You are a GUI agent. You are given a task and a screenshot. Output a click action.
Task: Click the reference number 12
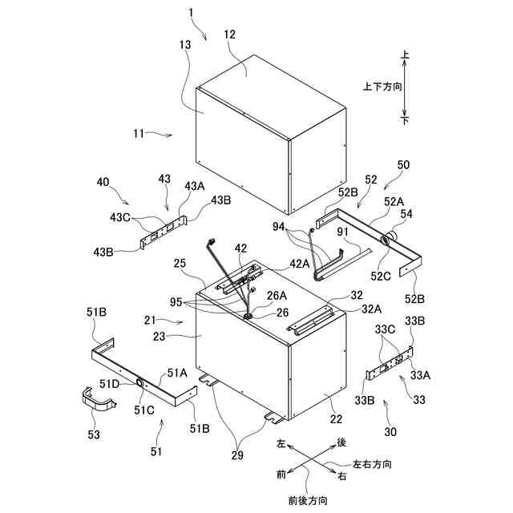(230, 35)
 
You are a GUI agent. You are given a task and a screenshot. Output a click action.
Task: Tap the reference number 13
(185, 46)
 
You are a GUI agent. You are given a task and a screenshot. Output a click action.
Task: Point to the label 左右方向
(372, 464)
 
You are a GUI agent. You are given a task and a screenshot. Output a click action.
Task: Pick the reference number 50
(402, 164)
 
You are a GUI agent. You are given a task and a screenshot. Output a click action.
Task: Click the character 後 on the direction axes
(341, 442)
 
